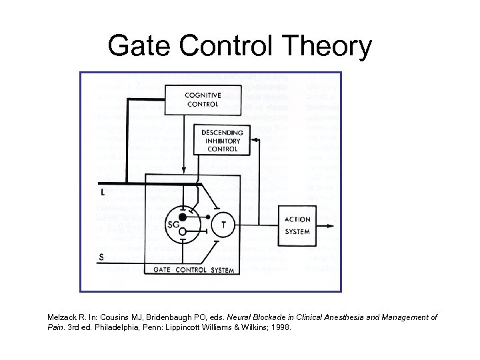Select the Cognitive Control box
coord(203,100)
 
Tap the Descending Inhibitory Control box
coord(222,140)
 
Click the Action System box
coord(297,225)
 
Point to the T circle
coord(223,225)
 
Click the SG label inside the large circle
coord(173,225)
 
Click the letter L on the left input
coord(102,192)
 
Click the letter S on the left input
coord(101,257)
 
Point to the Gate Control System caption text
coord(194,270)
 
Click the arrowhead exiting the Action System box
coord(329,227)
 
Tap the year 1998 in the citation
coord(280,328)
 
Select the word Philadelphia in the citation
coord(117,328)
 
